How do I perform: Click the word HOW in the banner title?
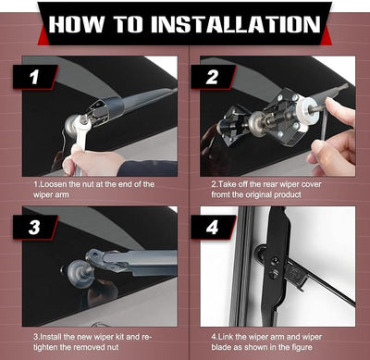tap(77, 24)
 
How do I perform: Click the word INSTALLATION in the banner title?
tap(236, 24)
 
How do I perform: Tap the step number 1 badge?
tap(35, 77)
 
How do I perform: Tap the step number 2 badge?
tap(213, 77)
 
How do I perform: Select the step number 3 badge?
tap(35, 228)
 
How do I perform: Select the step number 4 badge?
tap(213, 228)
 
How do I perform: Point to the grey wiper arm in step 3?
tap(132, 261)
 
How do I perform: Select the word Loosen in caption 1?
tap(54, 184)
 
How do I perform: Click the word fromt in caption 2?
tap(221, 195)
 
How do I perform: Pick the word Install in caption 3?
tap(51, 337)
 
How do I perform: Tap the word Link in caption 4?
tap(225, 337)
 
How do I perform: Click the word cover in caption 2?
tap(311, 184)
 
